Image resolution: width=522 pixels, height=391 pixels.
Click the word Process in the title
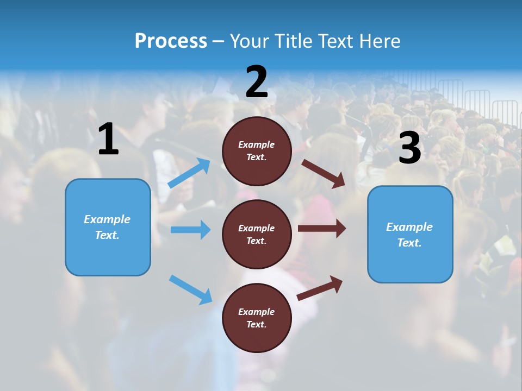tap(171, 41)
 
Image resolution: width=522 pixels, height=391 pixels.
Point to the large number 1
tap(108, 140)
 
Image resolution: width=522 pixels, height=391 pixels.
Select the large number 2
tap(257, 82)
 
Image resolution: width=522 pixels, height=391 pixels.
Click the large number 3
tap(409, 148)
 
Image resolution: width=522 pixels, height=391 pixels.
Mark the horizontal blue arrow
tap(190, 230)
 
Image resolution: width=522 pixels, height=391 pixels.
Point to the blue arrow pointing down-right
tap(190, 289)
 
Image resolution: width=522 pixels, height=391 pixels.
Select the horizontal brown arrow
tap(321, 228)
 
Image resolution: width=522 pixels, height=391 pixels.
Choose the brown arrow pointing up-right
tap(320, 288)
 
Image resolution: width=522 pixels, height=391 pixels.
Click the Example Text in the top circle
tap(257, 151)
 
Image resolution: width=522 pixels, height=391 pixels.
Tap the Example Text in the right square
tap(409, 235)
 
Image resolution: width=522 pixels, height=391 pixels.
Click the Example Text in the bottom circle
tap(257, 318)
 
